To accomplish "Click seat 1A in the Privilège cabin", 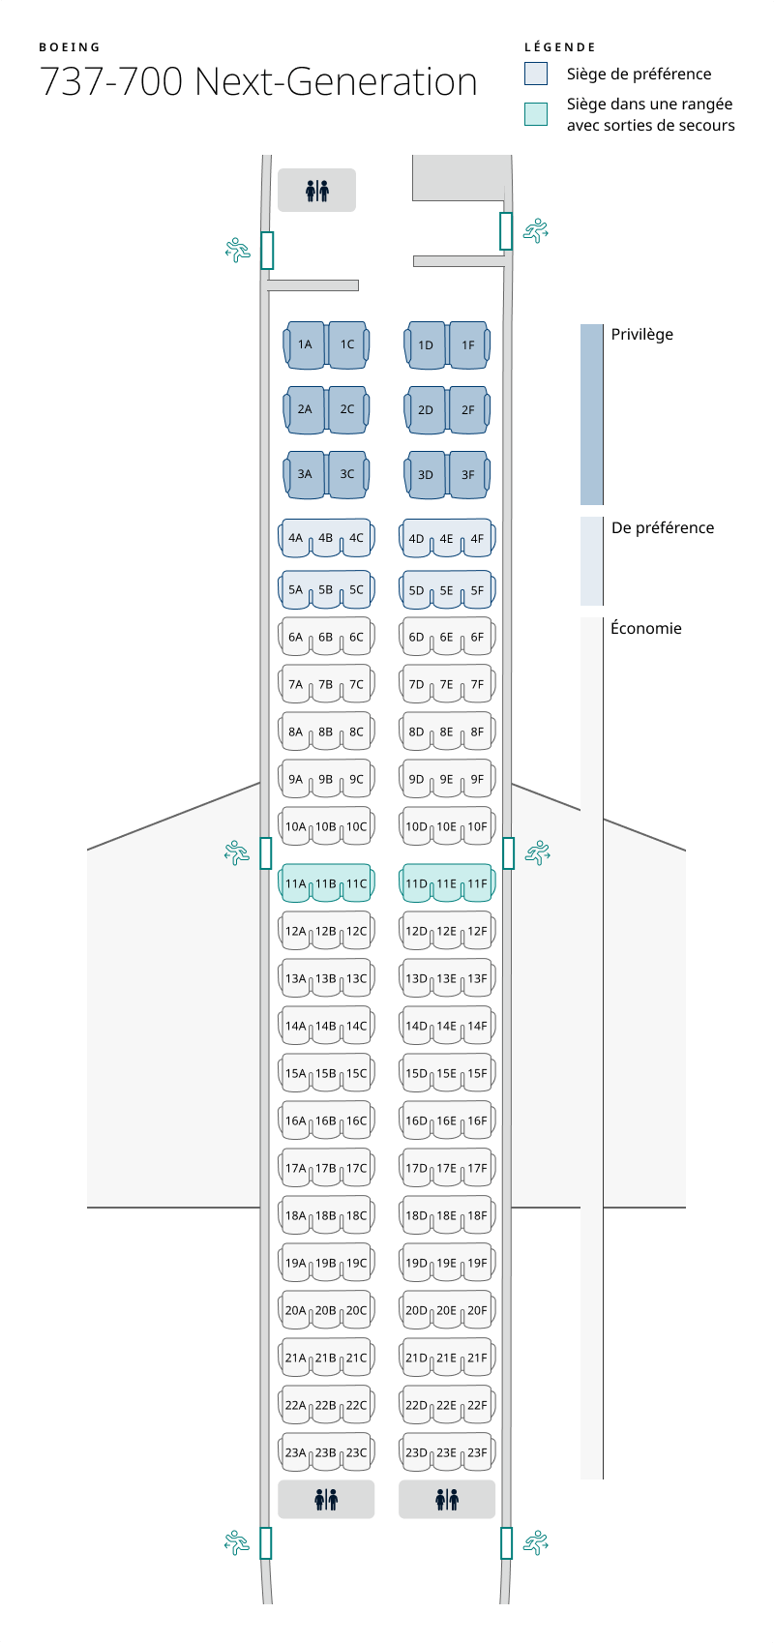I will [x=305, y=345].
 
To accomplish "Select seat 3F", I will [x=468, y=475].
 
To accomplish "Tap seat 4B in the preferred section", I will [x=326, y=539].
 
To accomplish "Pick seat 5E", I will [x=446, y=590].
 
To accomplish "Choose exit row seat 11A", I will [x=295, y=883].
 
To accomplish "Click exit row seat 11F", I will [x=478, y=883].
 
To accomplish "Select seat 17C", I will [x=357, y=1169].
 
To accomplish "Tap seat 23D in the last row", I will [x=416, y=1453].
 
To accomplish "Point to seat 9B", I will [x=326, y=780].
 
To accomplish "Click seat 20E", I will [x=446, y=1311].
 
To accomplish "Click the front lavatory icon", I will [x=316, y=191].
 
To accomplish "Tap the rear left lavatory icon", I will [x=326, y=1500].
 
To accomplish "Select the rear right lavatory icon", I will [x=447, y=1500].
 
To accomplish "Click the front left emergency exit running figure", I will [x=237, y=250].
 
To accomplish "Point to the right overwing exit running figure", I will [x=537, y=852].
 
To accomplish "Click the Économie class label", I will [x=646, y=629].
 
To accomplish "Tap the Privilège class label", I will [x=641, y=335].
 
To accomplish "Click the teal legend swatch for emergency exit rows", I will [x=536, y=114].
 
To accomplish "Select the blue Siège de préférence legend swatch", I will [x=536, y=74].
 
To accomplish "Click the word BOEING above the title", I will [x=70, y=47].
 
